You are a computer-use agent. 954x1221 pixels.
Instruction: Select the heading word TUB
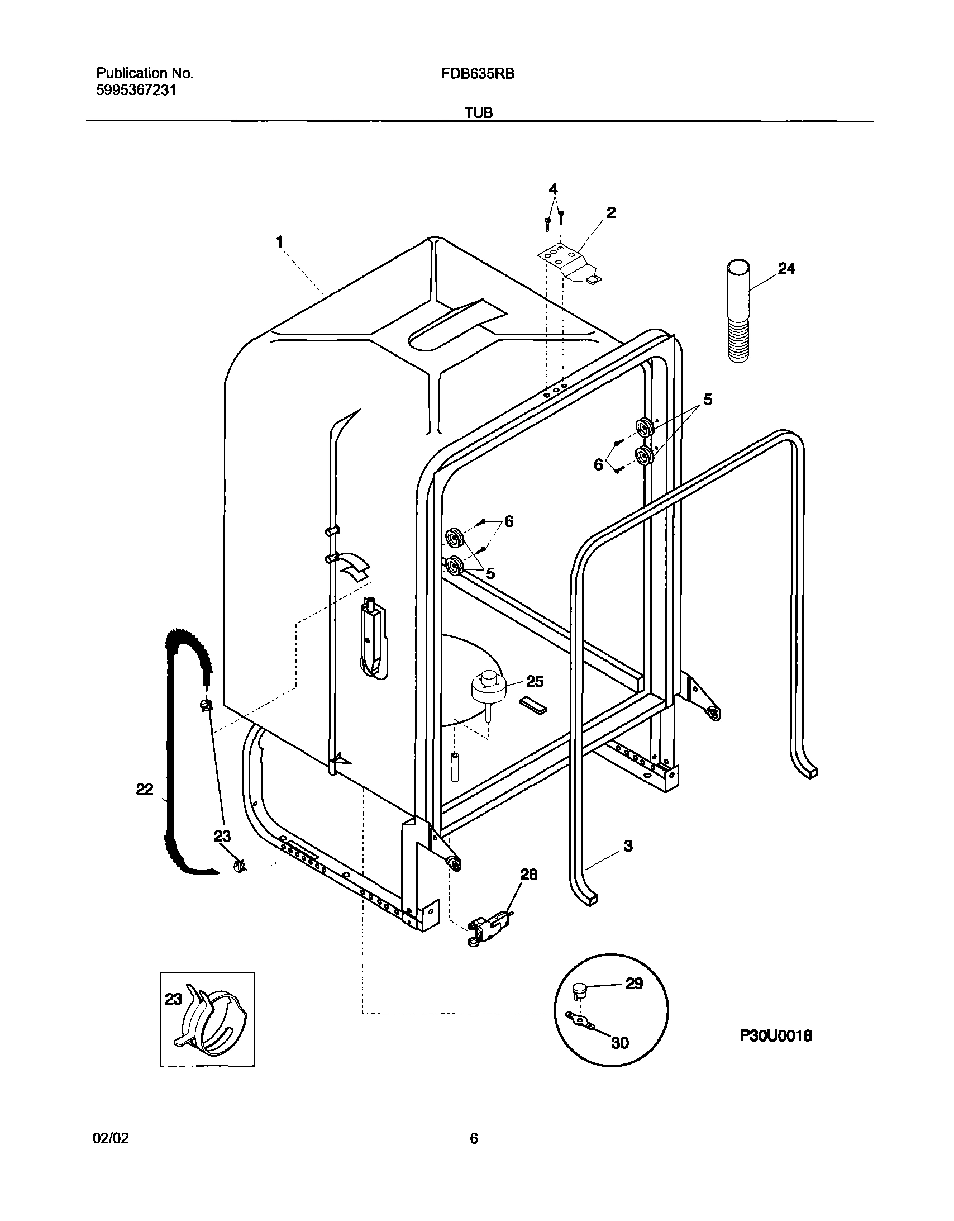coord(479,113)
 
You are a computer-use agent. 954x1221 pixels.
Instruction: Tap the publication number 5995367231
coord(136,91)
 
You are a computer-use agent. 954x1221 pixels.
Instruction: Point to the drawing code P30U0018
coord(776,1035)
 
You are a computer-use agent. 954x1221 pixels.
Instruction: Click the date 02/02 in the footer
coord(111,1138)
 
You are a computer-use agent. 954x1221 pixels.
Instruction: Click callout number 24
coord(786,269)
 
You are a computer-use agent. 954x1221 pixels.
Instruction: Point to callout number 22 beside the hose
coord(145,789)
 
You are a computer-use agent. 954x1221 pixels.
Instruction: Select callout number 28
coord(529,875)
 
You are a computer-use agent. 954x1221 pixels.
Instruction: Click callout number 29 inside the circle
coord(634,984)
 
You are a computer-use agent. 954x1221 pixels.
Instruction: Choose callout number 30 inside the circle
coord(620,1043)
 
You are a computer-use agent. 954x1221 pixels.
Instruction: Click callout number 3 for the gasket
coord(628,846)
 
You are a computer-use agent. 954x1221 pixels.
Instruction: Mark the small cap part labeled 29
coord(579,992)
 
